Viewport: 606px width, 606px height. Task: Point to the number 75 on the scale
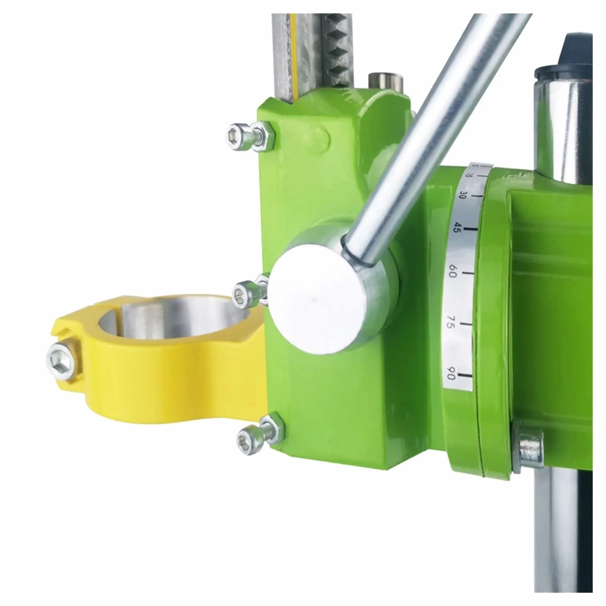[450, 321]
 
